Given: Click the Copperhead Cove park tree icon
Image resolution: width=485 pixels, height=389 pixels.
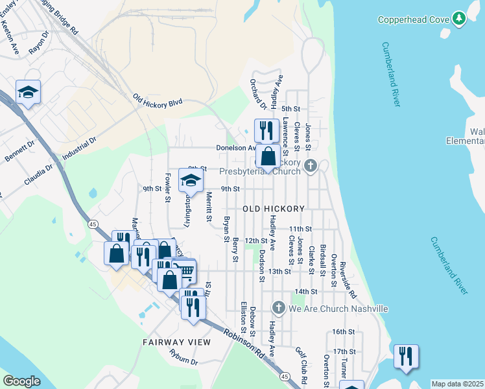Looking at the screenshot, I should [459, 19].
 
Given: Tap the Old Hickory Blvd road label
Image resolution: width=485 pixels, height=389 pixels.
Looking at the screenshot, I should [158, 100].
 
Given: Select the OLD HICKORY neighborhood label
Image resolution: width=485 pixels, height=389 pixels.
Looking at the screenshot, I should [273, 209].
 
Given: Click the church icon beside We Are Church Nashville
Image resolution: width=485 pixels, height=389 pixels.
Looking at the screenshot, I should [278, 308].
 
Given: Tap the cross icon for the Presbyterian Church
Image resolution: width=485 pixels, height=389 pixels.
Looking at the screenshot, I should [311, 166].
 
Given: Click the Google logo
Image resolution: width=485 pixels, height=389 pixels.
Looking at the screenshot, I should [21, 381].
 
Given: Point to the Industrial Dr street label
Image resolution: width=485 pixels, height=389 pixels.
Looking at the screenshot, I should [80, 149].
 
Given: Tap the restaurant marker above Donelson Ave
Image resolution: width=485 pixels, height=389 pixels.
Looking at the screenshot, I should [266, 130].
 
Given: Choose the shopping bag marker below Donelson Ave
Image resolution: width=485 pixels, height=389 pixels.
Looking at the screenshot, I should [268, 156].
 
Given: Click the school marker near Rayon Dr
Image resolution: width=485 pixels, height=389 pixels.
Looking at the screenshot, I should [28, 93].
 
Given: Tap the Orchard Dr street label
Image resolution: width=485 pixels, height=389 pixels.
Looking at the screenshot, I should [258, 94].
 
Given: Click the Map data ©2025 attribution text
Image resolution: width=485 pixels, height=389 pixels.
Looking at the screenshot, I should [458, 384].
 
